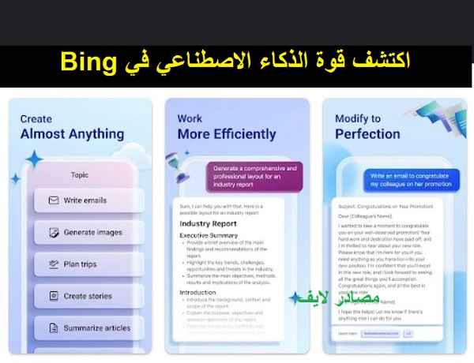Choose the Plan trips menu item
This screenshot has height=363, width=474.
tap(82, 264)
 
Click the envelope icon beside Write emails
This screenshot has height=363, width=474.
tap(53, 200)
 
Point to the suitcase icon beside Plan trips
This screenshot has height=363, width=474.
tap(53, 264)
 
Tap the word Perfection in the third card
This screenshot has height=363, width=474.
tap(368, 134)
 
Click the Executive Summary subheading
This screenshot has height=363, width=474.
tap(209, 236)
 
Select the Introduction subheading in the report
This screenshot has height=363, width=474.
tap(198, 292)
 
